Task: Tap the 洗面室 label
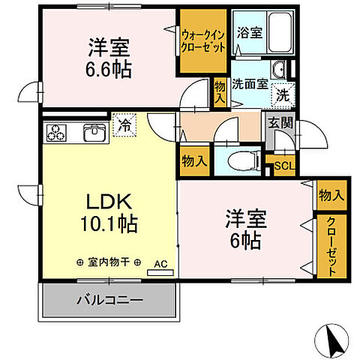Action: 249,84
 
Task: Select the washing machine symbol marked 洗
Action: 282,95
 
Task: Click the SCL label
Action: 283,166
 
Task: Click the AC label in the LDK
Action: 160,264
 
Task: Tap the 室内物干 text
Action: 109,262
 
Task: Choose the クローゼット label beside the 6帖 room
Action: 331,246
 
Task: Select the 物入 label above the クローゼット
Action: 331,196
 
